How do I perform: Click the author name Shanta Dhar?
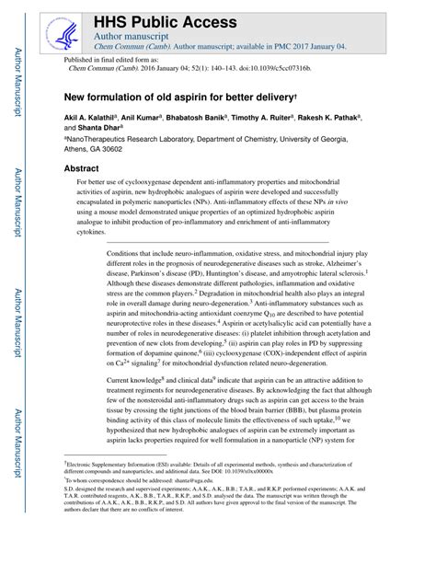tap(106, 129)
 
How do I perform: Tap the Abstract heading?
tap(81, 169)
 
